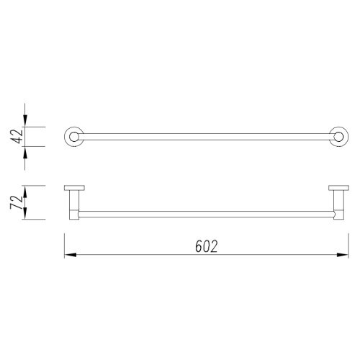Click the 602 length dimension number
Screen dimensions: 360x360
[207, 246]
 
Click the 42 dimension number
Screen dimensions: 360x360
[17, 137]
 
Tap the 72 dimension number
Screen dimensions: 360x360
[17, 202]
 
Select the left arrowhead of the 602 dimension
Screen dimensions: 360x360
[71, 255]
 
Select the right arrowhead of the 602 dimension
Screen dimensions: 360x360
[343, 255]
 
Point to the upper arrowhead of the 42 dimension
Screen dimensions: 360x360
[25, 121]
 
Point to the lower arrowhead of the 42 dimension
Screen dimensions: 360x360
[25, 153]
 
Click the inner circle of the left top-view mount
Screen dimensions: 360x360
[74, 137]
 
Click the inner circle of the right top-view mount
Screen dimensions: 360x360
[338, 137]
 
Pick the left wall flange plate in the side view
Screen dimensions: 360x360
[74, 188]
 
